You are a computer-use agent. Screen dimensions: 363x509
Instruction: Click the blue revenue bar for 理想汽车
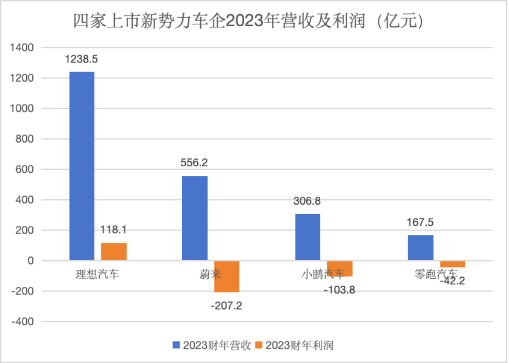82,166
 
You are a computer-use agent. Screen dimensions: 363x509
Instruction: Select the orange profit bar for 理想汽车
114,252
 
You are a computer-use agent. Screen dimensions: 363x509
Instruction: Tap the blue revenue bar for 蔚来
195,218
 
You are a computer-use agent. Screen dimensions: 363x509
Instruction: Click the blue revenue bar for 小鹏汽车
308,237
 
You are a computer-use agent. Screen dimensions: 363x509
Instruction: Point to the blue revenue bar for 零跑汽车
421,248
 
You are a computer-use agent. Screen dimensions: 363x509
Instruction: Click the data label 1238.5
81,59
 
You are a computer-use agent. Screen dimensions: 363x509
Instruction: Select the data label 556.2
194,163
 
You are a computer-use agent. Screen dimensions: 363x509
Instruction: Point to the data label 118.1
114,230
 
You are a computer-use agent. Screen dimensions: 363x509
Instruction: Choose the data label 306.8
307,201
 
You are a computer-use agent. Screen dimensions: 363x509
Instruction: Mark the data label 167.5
420,222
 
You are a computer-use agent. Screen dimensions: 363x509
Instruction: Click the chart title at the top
248,21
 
